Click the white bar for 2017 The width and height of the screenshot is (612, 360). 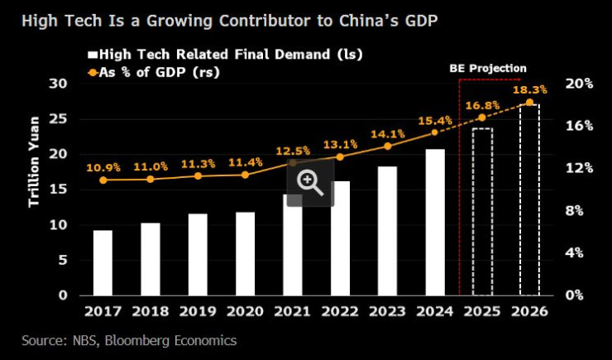(x=103, y=262)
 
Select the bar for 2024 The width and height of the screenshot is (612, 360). (x=435, y=222)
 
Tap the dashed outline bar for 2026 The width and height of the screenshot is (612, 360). (x=529, y=199)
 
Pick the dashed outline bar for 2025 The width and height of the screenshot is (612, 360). (x=482, y=211)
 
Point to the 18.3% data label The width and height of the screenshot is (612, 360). (x=529, y=89)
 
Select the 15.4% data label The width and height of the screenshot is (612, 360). (x=434, y=121)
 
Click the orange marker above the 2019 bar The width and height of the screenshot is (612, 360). (x=198, y=175)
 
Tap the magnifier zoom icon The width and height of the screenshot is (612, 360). (x=310, y=182)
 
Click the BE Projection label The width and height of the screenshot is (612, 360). (x=487, y=68)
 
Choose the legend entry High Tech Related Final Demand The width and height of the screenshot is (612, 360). (x=225, y=55)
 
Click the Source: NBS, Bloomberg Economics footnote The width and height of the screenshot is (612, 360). (x=129, y=340)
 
